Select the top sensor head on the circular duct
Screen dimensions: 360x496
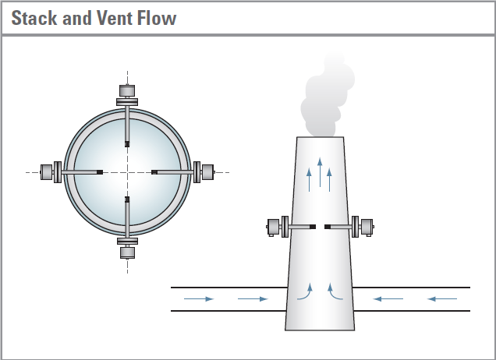coord(126,90)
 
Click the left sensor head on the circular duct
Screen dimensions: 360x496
coord(48,171)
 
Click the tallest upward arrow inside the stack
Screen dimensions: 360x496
coord(320,173)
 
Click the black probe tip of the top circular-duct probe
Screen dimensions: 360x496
coord(126,143)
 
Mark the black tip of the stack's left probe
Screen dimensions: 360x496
coord(313,227)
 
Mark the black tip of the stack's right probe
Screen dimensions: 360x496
coord(328,227)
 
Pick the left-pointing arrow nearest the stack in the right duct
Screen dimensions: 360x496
coord(388,298)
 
